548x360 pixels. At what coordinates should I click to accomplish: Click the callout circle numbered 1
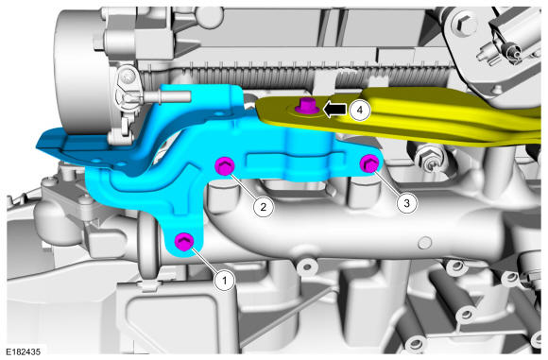225,280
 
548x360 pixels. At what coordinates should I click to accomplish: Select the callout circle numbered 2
264,207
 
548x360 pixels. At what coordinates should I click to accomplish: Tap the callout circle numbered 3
406,203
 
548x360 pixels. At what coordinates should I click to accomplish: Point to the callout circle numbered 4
360,110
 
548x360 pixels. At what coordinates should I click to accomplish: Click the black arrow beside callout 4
334,110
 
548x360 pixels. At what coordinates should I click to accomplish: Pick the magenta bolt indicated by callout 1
184,242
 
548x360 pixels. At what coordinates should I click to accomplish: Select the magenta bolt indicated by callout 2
224,165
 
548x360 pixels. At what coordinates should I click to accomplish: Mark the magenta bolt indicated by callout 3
369,163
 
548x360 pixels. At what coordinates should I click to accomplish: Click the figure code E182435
23,351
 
